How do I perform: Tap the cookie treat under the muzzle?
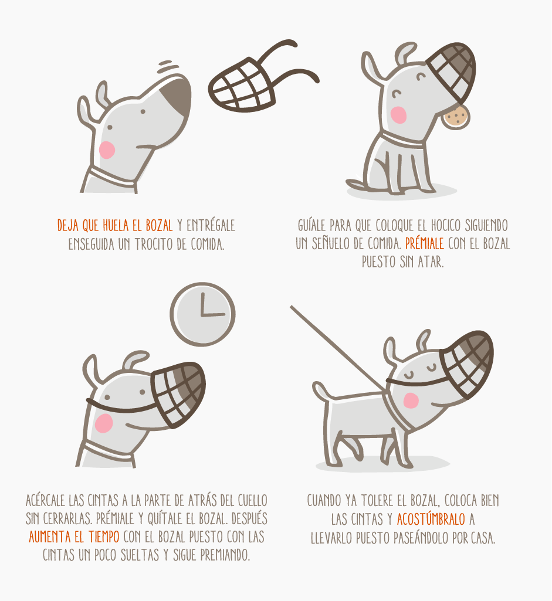(455, 117)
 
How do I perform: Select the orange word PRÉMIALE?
(424, 244)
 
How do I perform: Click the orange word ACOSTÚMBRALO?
(431, 519)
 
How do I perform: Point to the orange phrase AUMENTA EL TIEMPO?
(74, 537)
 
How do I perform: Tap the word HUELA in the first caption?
(116, 225)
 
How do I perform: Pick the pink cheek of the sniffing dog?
(107, 150)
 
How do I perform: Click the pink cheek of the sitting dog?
(398, 114)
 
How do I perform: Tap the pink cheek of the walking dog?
(411, 400)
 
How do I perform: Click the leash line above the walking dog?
(338, 349)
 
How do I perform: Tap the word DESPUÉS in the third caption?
(249, 519)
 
